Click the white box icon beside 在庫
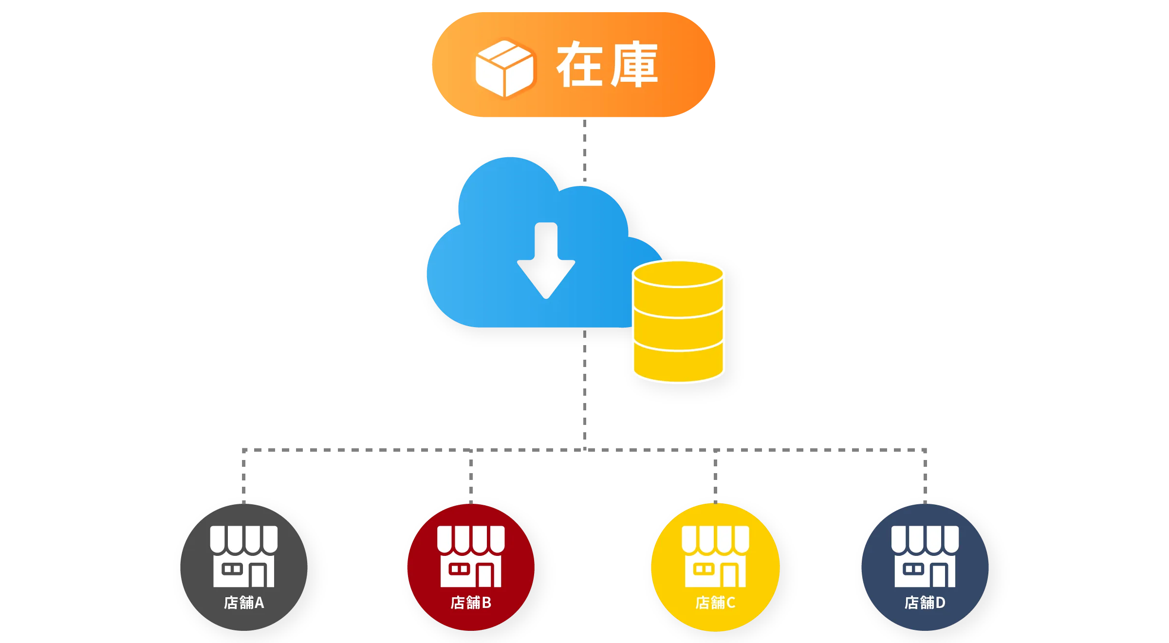(504, 68)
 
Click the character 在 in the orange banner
(579, 64)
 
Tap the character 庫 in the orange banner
(634, 64)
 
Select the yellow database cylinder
(678, 321)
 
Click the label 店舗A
(244, 603)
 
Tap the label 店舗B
(471, 603)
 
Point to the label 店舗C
(715, 603)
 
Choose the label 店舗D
(925, 603)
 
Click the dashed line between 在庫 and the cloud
(584, 148)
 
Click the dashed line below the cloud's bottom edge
(584, 389)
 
